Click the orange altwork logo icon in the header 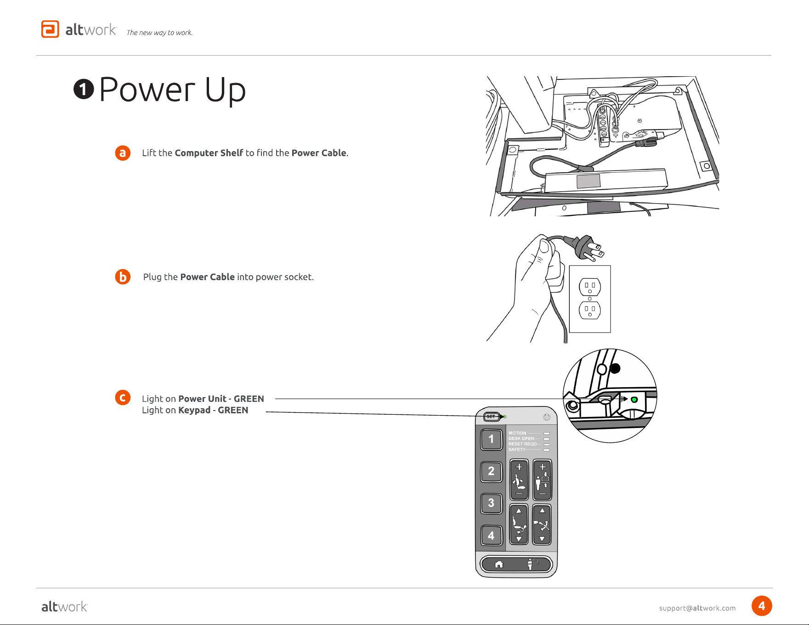point(50,29)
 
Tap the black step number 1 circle point(84,89)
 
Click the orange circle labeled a point(123,153)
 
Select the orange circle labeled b point(123,277)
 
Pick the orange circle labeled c point(123,398)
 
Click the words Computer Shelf point(209,153)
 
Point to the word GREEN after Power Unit point(249,399)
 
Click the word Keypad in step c point(194,411)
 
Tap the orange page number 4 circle point(762,606)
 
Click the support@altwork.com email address point(697,608)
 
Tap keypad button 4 point(491,535)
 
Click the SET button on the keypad point(491,417)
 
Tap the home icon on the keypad point(499,564)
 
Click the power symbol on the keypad point(547,417)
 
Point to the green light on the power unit point(634,400)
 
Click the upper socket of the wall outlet point(590,287)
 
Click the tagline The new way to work point(159,33)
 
